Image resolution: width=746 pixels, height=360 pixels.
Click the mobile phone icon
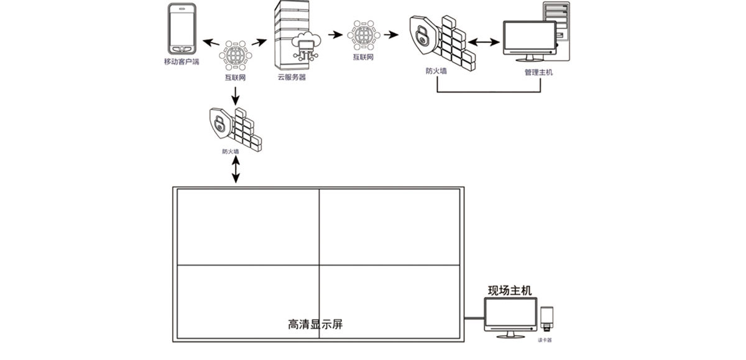click(x=182, y=30)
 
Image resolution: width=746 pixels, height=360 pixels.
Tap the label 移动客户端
click(x=182, y=62)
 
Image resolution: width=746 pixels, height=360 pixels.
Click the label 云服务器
click(x=292, y=78)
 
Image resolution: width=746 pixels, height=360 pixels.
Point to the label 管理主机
click(x=538, y=72)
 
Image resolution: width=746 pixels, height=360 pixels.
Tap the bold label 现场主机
click(x=510, y=290)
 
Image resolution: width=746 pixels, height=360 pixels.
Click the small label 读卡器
click(x=545, y=340)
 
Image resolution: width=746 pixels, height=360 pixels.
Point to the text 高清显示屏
click(x=316, y=325)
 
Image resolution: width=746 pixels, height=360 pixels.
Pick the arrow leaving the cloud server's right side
click(x=335, y=35)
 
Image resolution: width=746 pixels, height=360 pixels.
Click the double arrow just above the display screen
click(x=235, y=170)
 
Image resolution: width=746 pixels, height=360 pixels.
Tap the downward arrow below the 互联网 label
click(x=235, y=95)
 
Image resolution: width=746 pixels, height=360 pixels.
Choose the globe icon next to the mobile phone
click(x=235, y=54)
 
